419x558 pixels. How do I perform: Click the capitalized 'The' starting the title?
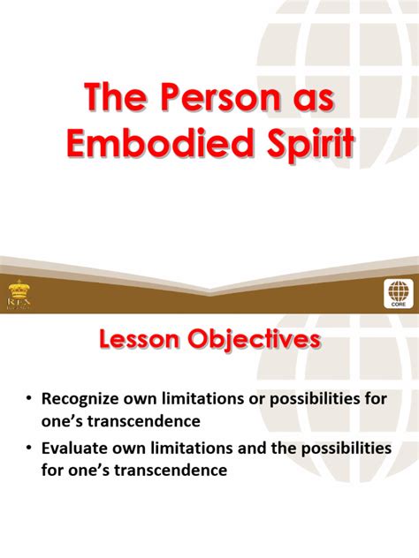pos(110,99)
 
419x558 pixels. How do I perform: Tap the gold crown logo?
pos(18,289)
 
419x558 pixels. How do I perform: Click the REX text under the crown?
pos(18,304)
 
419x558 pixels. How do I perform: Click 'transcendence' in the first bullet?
pos(151,422)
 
